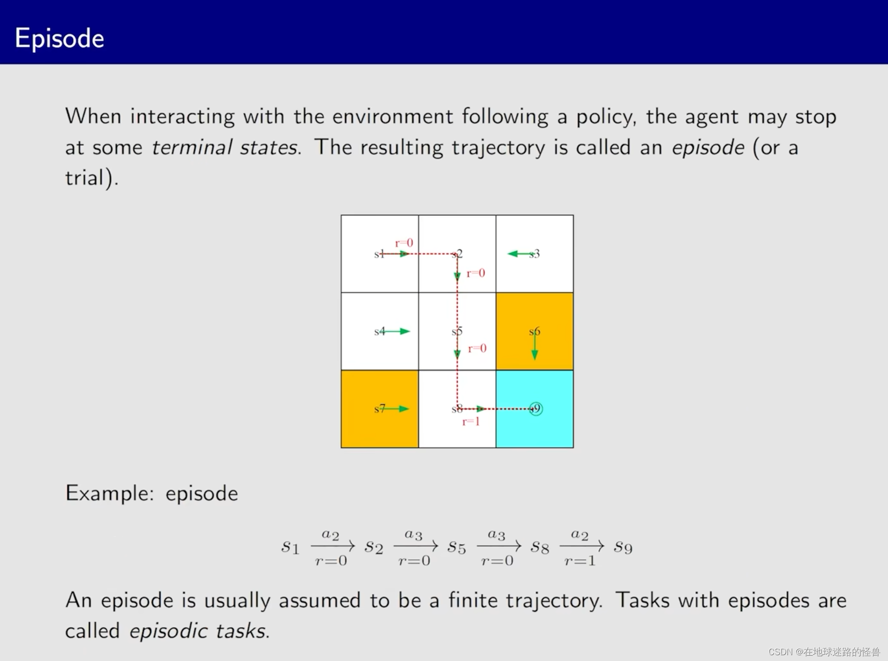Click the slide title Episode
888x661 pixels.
[x=59, y=39]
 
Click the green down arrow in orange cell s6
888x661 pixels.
[x=535, y=346]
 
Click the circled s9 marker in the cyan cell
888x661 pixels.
[x=536, y=409]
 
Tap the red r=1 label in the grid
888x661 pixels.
[x=471, y=422]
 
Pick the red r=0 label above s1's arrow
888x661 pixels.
[x=404, y=243]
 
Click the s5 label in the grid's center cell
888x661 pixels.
[x=457, y=331]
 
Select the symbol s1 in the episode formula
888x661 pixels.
[x=291, y=547]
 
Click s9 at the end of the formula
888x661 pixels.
[x=623, y=547]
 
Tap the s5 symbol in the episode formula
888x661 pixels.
[x=457, y=547]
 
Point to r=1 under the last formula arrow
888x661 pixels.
[x=580, y=561]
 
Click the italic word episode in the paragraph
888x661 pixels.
[x=708, y=148]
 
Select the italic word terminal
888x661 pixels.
[x=192, y=148]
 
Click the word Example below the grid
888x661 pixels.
[x=109, y=494]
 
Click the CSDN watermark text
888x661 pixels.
[x=824, y=652]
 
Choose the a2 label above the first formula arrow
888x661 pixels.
[x=331, y=535]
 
